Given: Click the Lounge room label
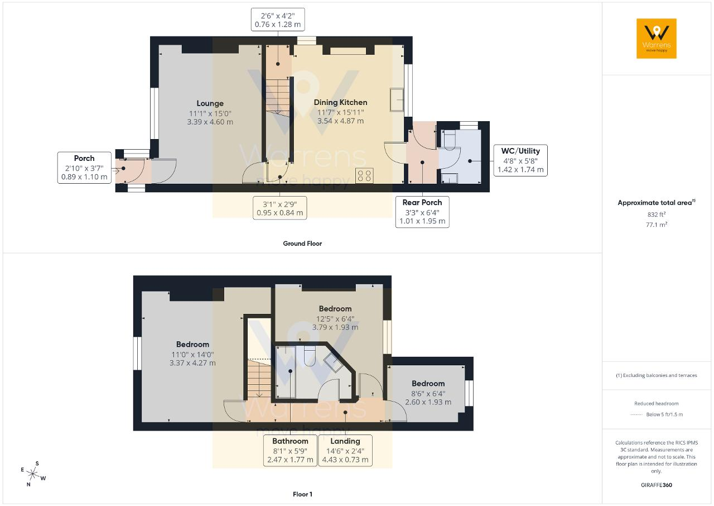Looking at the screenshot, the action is coord(210,103).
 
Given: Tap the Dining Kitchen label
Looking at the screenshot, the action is coord(340,102).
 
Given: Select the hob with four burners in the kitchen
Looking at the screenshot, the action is coord(364,175).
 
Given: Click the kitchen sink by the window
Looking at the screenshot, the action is coord(397,100).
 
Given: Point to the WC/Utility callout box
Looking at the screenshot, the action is coord(520,160).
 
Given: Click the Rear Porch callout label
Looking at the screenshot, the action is coord(422,212).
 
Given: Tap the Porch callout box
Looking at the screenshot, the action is coord(84,168).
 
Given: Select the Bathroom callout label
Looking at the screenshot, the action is coord(290,451).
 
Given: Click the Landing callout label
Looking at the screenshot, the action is coord(345,451).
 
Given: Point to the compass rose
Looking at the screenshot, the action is coord(33,474).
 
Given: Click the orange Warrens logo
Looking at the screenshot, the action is coord(657,39).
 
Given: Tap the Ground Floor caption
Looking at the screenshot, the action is coord(302,244).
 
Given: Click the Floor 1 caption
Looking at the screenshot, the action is coord(302,494).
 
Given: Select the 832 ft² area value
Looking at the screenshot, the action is coord(657,214).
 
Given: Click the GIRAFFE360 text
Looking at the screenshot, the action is coord(657,485).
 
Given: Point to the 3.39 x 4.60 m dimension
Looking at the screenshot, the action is coord(210,122).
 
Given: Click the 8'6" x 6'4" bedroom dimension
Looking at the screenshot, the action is coord(428,394).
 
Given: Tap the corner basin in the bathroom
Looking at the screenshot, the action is coord(334,362).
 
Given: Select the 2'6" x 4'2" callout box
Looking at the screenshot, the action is coord(278,20).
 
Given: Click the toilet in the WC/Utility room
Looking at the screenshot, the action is coord(449,140).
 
